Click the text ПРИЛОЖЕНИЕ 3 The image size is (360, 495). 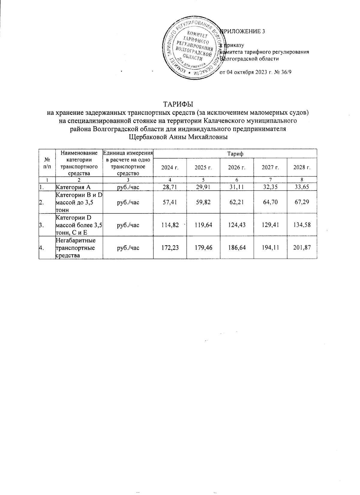pyautogui.click(x=243, y=31)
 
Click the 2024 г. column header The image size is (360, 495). pyautogui.click(x=170, y=167)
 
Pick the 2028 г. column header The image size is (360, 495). pyautogui.click(x=302, y=167)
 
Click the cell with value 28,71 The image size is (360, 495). pyautogui.click(x=170, y=187)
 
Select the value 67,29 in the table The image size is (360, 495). pyautogui.click(x=302, y=202)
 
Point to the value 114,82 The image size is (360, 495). pyautogui.click(x=169, y=225)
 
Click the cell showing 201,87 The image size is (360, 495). pyautogui.click(x=302, y=247)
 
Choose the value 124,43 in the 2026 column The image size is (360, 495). pyautogui.click(x=237, y=225)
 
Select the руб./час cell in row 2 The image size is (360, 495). pyautogui.click(x=128, y=202)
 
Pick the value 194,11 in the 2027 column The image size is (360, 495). pyautogui.click(x=270, y=247)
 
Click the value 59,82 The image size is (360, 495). pyautogui.click(x=203, y=202)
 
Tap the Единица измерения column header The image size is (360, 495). pyautogui.click(x=128, y=153)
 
